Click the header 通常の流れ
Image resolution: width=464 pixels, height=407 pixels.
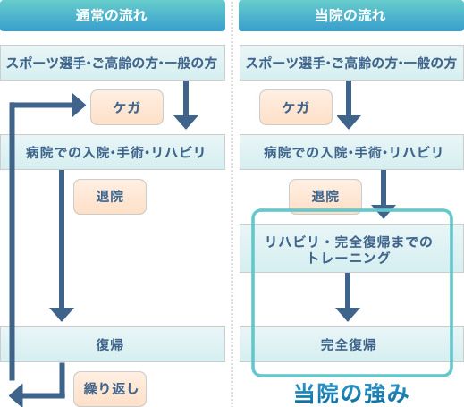point(113,15)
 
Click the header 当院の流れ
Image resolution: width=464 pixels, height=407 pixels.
point(351,15)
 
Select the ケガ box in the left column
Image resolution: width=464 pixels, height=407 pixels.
point(127,107)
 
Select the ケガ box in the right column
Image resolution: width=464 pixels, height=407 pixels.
point(296,107)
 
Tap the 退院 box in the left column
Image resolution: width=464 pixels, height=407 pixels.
point(110,197)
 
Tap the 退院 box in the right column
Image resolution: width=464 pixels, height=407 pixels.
point(325,197)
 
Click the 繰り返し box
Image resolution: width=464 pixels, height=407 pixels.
point(110,389)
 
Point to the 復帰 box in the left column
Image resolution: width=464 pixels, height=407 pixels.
point(113,344)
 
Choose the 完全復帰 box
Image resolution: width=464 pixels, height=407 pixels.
point(351,344)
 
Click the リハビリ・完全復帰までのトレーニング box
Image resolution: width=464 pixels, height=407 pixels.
point(351,248)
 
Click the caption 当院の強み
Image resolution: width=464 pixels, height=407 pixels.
point(351,394)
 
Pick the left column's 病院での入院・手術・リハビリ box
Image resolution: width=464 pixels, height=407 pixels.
point(113,152)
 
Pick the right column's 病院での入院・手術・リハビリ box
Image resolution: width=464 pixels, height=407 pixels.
point(351,152)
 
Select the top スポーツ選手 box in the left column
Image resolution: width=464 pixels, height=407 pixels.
point(113,63)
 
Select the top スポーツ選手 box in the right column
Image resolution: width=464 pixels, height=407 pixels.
point(351,63)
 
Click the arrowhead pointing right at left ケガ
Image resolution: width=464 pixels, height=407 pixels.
point(78,105)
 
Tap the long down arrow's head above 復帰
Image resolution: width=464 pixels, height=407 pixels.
point(62,314)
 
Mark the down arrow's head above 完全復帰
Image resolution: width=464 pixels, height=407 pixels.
point(348,314)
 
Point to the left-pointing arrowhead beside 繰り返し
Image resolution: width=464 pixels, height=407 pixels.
point(16,396)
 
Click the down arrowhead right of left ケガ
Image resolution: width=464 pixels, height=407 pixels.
point(186,122)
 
